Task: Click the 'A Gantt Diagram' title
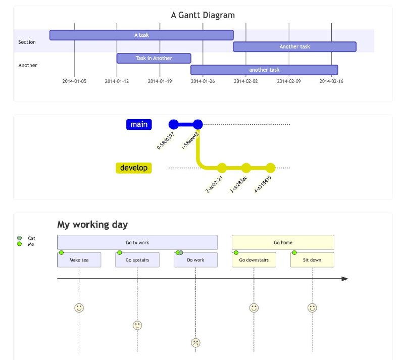pyautogui.click(x=203, y=15)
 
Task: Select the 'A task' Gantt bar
pyautogui.click(x=141, y=35)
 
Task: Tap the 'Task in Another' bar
pyautogui.click(x=154, y=58)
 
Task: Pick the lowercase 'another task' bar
pyautogui.click(x=264, y=70)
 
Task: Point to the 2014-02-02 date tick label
pyautogui.click(x=246, y=81)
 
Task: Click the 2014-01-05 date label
pyautogui.click(x=74, y=81)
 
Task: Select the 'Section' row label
pyautogui.click(x=27, y=42)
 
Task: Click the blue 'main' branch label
pyautogui.click(x=139, y=125)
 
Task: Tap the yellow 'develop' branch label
pyautogui.click(x=134, y=168)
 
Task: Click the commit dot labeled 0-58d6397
pyautogui.click(x=173, y=125)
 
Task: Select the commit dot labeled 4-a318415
pyautogui.click(x=270, y=168)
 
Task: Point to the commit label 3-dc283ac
pyautogui.click(x=238, y=184)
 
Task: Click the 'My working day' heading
pyautogui.click(x=92, y=225)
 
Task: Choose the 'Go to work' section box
pyautogui.click(x=137, y=242)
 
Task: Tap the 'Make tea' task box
pyautogui.click(x=79, y=260)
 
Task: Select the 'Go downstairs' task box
pyautogui.click(x=254, y=260)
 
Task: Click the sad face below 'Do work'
pyautogui.click(x=195, y=343)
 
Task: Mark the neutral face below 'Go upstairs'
pyautogui.click(x=137, y=325)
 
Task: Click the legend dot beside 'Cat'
pyautogui.click(x=19, y=238)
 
